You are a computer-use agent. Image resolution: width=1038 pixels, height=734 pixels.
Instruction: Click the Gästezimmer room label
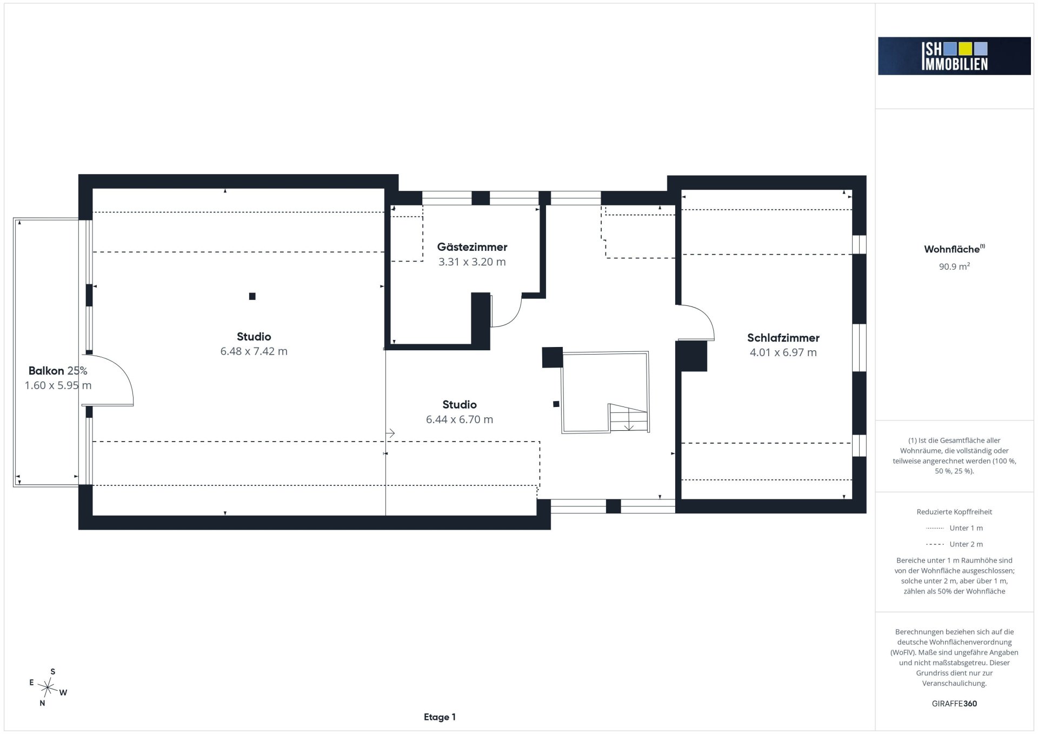pyautogui.click(x=472, y=248)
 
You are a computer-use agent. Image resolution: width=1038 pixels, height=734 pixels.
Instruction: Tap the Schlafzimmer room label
pyautogui.click(x=783, y=338)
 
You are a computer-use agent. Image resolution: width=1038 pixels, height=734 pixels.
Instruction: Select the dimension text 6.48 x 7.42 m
pyautogui.click(x=254, y=351)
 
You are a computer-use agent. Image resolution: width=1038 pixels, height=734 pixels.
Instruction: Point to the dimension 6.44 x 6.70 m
pyautogui.click(x=460, y=419)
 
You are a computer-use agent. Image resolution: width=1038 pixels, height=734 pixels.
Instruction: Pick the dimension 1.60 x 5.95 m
pyautogui.click(x=58, y=385)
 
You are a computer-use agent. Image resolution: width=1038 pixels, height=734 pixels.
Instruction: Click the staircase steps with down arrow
pyautogui.click(x=629, y=418)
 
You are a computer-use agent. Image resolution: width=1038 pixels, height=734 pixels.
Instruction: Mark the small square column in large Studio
pyautogui.click(x=252, y=296)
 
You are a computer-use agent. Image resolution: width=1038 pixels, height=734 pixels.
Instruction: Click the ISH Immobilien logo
pyautogui.click(x=954, y=56)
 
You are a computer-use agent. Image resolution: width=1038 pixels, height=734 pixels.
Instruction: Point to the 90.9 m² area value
pyautogui.click(x=954, y=266)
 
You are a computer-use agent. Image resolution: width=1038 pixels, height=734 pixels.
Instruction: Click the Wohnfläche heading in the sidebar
pyautogui.click(x=952, y=249)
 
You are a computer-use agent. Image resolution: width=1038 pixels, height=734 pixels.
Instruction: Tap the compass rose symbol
pyautogui.click(x=48, y=688)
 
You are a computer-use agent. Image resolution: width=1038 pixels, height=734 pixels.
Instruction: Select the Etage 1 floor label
pyautogui.click(x=440, y=717)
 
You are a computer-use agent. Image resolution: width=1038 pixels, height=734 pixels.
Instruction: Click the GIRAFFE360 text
pyautogui.click(x=954, y=704)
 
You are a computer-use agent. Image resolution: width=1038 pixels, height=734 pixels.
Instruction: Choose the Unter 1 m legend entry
pyautogui.click(x=954, y=528)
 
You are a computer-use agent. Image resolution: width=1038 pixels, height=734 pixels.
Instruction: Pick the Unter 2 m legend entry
pyautogui.click(x=954, y=544)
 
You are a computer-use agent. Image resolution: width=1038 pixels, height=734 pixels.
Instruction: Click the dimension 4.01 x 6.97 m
pyautogui.click(x=783, y=353)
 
